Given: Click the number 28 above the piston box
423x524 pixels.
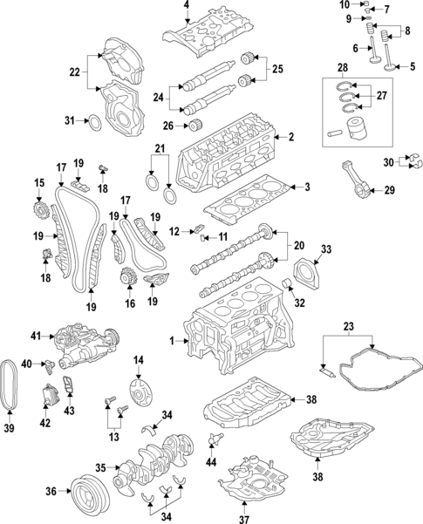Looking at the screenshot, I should point(344,67).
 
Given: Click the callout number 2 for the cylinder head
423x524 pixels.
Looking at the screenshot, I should point(291,137).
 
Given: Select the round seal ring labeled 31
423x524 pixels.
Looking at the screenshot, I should point(96,120).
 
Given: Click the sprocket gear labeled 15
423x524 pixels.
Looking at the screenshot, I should point(39,212).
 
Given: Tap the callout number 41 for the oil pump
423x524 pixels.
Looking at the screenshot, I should point(36,336).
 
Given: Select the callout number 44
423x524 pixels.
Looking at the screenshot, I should point(210,460).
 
